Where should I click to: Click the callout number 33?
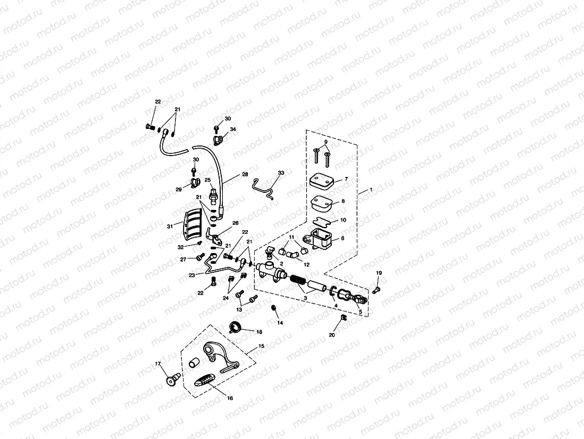tap(281, 173)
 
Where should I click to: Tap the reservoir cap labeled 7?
tap(322, 181)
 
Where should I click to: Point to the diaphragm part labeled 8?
tap(321, 204)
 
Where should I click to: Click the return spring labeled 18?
tap(236, 327)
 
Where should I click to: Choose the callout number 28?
tap(245, 174)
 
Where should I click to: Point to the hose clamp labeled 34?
tap(218, 140)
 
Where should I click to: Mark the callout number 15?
tap(261, 346)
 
